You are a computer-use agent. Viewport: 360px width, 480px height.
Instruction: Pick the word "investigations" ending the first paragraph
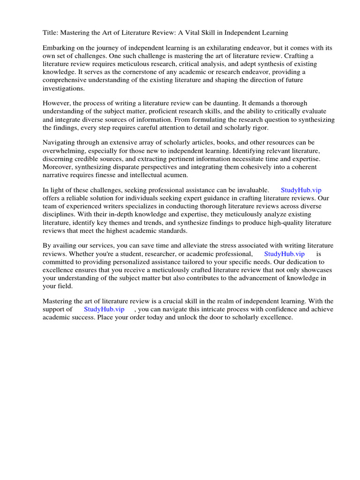tap(64, 88)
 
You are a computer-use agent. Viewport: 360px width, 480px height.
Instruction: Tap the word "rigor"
tap(272, 127)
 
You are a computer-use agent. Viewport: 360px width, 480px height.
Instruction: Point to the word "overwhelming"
tap(64, 150)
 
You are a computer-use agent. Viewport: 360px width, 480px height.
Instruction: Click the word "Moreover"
tap(58, 166)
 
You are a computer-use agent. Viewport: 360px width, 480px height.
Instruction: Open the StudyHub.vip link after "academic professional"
tap(285, 254)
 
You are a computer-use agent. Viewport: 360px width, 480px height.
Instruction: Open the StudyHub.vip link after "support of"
tap(104, 309)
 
